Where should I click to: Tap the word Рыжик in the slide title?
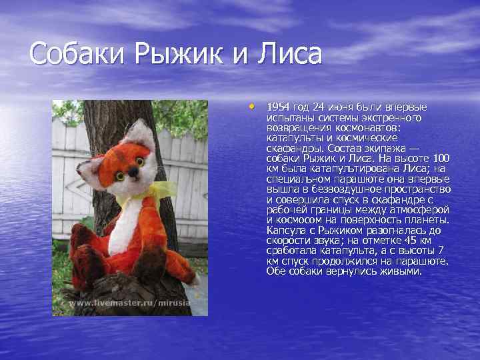point(177,53)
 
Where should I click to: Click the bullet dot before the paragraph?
point(252,105)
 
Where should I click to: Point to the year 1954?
point(279,107)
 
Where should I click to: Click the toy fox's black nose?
point(133,171)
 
